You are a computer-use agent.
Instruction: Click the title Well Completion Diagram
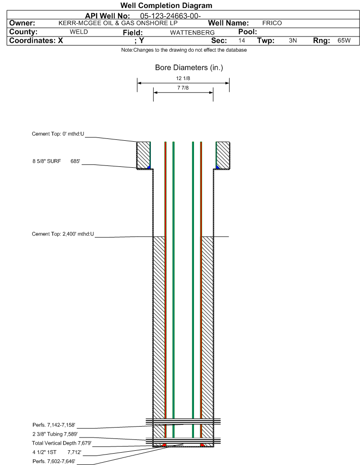(166, 6)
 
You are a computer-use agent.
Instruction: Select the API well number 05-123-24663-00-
(170, 16)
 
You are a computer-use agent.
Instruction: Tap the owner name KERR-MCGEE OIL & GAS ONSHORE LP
(118, 23)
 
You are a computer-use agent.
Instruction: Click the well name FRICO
(272, 23)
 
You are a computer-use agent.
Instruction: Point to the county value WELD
(79, 32)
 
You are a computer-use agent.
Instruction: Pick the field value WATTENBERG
(192, 33)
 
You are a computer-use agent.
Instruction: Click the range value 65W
(344, 41)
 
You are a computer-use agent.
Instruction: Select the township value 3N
(293, 41)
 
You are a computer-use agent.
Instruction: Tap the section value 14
(241, 41)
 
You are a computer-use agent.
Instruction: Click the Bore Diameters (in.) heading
(189, 68)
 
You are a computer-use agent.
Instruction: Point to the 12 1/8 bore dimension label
(183, 78)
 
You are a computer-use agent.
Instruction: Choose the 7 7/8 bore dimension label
(183, 88)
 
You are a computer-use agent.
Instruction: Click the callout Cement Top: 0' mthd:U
(58, 134)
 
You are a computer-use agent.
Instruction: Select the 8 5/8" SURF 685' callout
(56, 161)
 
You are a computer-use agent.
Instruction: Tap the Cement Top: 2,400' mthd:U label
(63, 234)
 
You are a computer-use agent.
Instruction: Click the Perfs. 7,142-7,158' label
(54, 425)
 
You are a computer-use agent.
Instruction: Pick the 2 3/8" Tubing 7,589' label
(55, 434)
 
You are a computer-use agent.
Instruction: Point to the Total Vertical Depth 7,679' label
(62, 443)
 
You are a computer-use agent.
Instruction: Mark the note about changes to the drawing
(184, 50)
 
